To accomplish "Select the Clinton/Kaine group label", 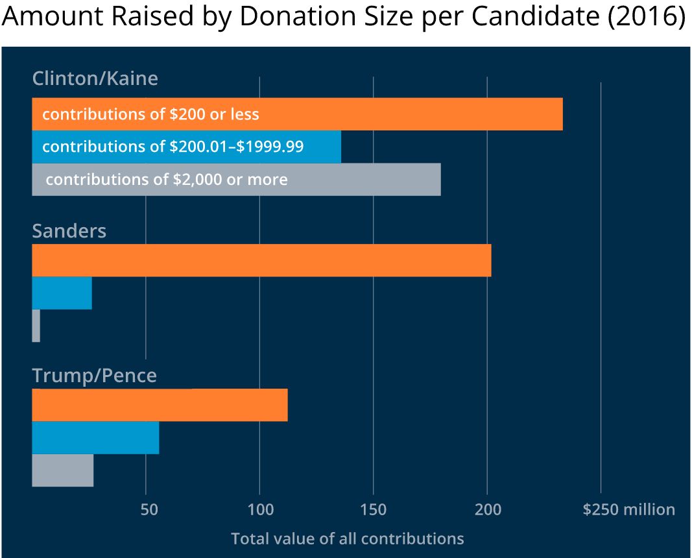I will pos(95,79).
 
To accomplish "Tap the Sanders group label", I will pos(69,231).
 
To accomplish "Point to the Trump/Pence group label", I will pos(95,376).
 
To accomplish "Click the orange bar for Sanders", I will pos(261,260).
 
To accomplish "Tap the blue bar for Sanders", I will pos(62,293).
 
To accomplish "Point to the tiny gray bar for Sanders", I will pos(36,326).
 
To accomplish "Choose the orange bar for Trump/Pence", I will pos(160,405).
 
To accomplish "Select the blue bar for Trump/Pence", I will pos(95,438).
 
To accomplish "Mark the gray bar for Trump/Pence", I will pos(63,470).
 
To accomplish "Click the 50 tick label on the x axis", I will pos(150,510).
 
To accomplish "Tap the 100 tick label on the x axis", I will pos(260,510).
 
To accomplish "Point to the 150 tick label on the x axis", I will pos(374,510).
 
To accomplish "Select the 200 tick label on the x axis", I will pos(488,510).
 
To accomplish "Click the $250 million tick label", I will pos(628,510).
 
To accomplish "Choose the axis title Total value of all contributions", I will pos(347,539).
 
